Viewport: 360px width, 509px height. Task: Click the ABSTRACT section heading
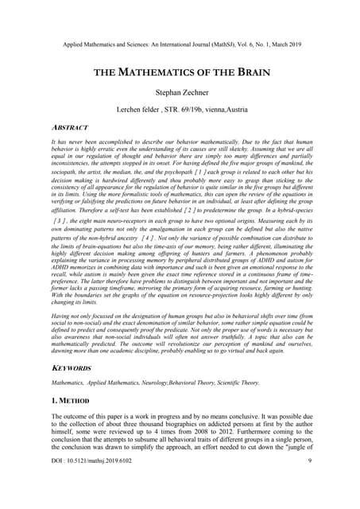pos(69,127)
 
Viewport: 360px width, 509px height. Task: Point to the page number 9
pos(308,484)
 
